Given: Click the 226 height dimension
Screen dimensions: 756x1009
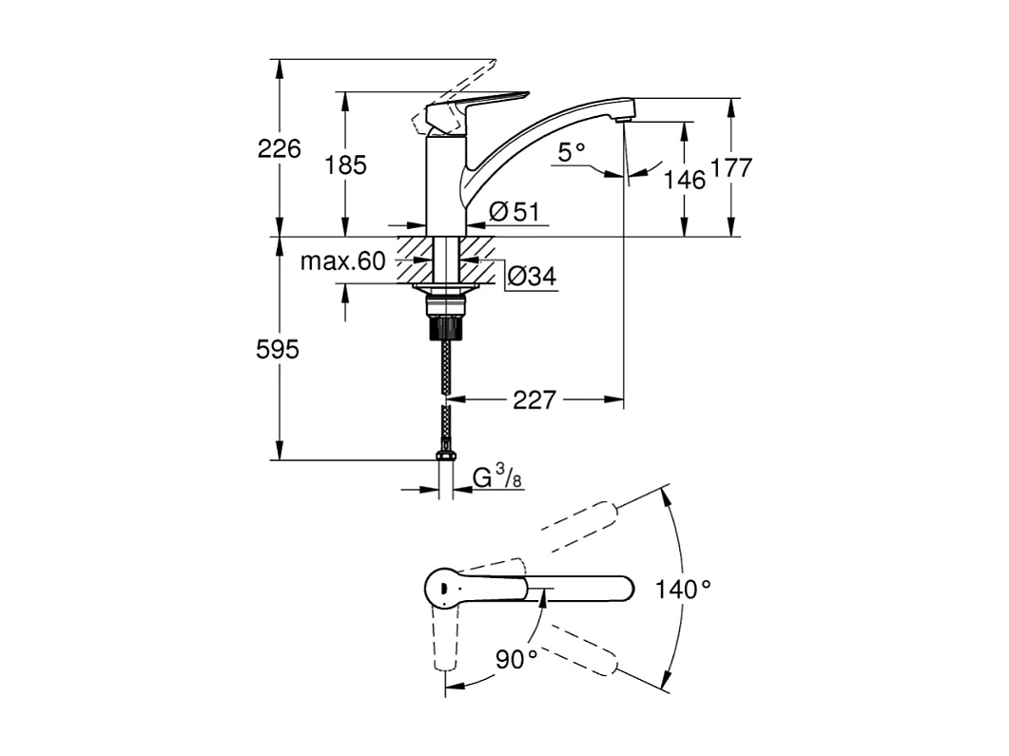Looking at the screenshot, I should pos(279,148).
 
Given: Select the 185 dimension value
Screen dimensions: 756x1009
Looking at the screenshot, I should pos(345,165).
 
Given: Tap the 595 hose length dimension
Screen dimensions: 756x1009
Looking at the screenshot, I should pos(277,350).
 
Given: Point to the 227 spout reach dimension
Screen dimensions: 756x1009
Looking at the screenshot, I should pos(534,400).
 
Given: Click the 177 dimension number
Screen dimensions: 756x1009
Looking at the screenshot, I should pos(730,168).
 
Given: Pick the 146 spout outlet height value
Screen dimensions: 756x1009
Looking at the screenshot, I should pos(685,179).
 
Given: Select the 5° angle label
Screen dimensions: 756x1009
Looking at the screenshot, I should pos(572,152).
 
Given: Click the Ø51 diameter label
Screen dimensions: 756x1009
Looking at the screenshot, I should pos(514,212).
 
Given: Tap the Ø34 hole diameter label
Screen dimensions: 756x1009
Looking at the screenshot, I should pos(531,277).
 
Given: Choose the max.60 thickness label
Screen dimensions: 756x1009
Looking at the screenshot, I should pos(343,262).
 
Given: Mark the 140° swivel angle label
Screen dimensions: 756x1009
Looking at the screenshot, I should pos(683,590).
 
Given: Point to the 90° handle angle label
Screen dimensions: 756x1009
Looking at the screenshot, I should pos(516,658).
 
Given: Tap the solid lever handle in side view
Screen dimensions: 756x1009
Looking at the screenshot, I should pos(475,105).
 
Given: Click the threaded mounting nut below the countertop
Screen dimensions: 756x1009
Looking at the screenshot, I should pos(445,318).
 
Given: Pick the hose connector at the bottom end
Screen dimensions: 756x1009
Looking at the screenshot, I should pos(445,456).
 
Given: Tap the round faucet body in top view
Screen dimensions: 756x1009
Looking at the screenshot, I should pos(442,588).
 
